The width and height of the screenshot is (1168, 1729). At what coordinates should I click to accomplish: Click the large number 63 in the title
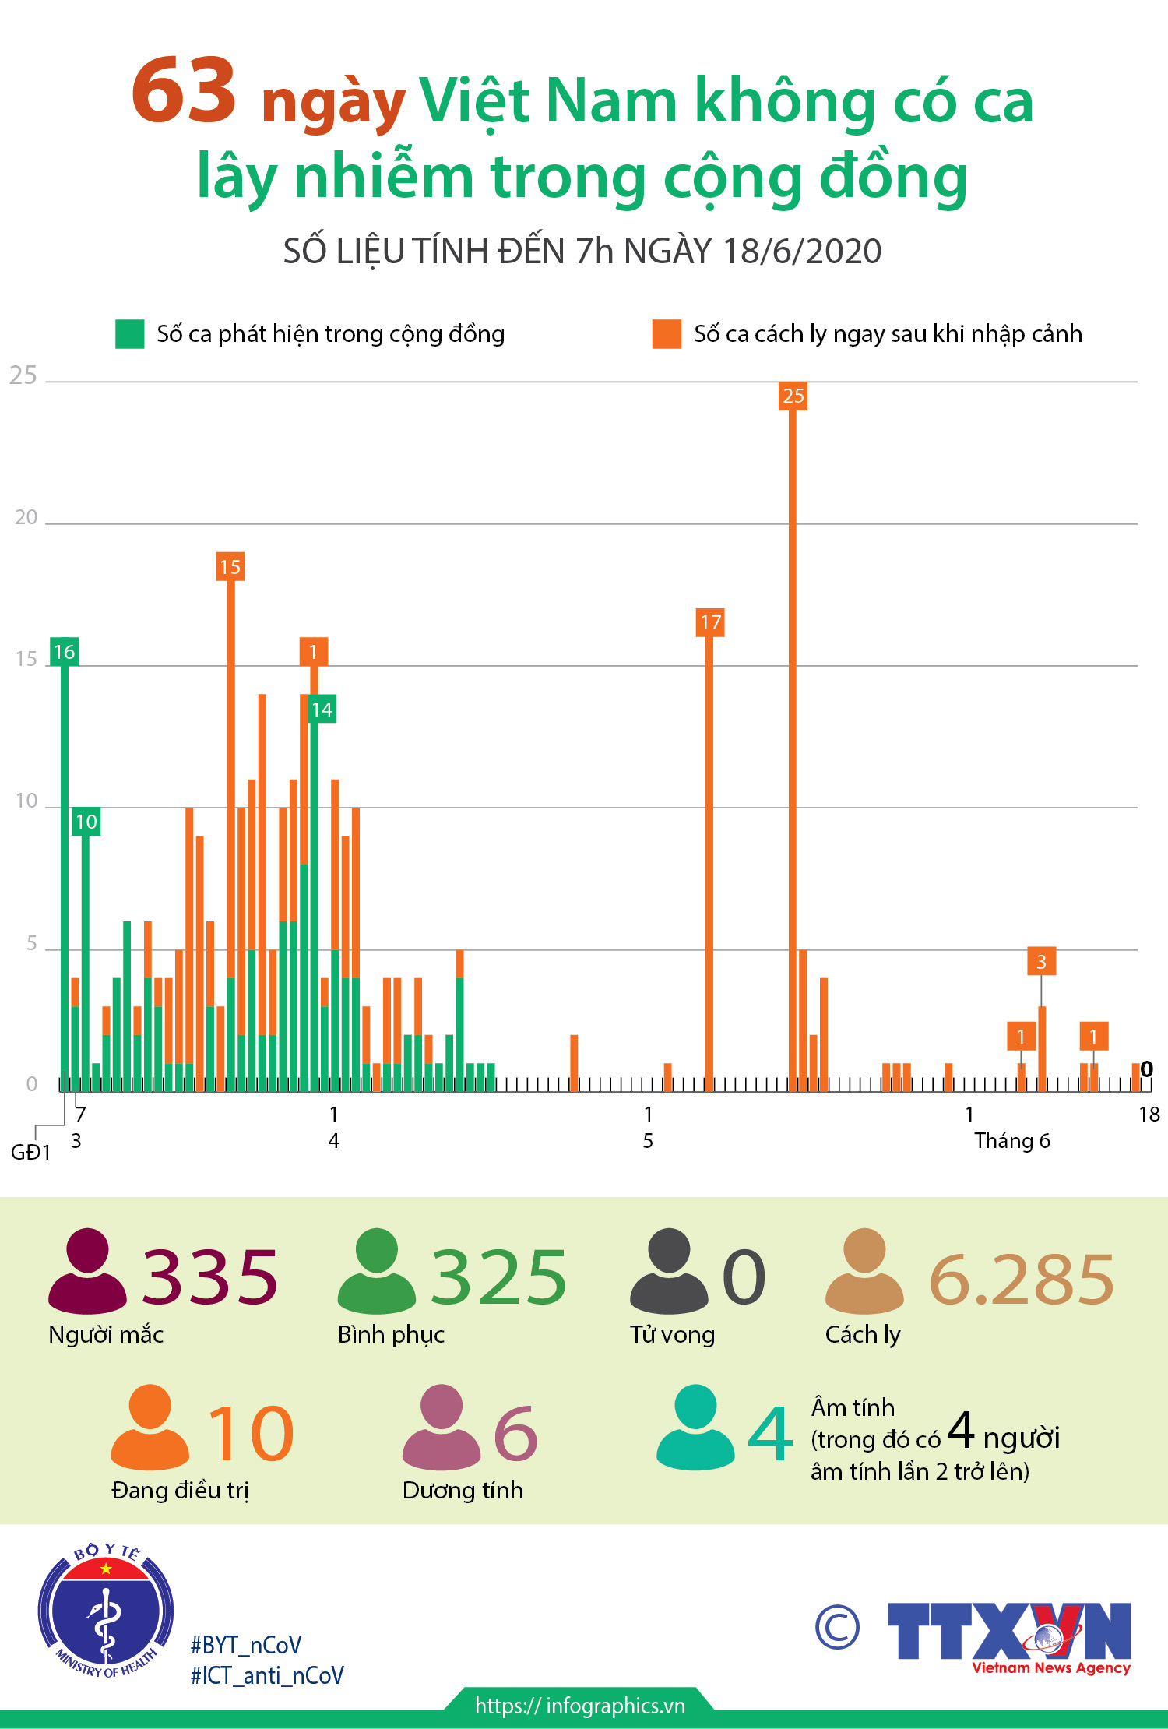point(184,91)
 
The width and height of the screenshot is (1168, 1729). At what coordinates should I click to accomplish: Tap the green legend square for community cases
point(130,334)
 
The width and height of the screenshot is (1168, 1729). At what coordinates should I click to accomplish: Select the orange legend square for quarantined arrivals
point(667,334)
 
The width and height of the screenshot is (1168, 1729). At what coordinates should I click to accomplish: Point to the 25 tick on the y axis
point(23,376)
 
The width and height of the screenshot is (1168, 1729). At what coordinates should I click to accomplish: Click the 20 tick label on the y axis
point(26,518)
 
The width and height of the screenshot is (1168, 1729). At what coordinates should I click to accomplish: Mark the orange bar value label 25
point(793,396)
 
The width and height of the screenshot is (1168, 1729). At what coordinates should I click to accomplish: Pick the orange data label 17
point(710,623)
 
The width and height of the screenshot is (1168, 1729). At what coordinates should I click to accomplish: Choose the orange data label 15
point(230,567)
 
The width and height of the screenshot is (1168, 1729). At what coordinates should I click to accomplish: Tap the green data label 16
point(65,652)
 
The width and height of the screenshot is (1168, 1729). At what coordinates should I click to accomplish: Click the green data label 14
point(322,710)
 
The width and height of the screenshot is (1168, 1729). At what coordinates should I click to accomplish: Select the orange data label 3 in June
point(1041,962)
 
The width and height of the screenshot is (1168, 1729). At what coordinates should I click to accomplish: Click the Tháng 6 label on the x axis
point(1011,1141)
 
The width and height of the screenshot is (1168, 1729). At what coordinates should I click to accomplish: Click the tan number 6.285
point(1022,1280)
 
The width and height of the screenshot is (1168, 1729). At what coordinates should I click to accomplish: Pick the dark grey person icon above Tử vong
point(669,1270)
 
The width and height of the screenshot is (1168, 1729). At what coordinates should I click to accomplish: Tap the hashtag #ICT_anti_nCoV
point(267,1676)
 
